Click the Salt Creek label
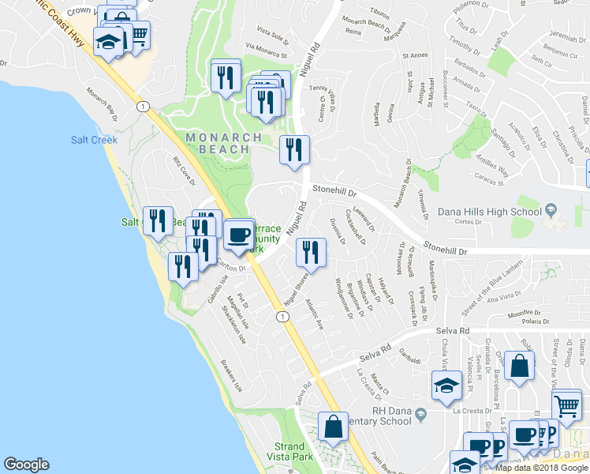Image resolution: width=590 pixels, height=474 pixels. [x=94, y=140]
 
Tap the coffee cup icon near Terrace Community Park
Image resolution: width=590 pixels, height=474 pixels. [x=238, y=235]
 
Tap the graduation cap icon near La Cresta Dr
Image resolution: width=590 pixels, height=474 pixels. [x=446, y=386]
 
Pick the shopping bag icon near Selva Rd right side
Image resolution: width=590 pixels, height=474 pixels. [x=520, y=366]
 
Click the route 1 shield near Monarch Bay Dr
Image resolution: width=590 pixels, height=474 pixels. [x=143, y=106]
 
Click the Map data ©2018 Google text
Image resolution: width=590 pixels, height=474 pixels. [x=540, y=467]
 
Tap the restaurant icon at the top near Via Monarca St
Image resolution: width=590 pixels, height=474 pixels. [x=226, y=77]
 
